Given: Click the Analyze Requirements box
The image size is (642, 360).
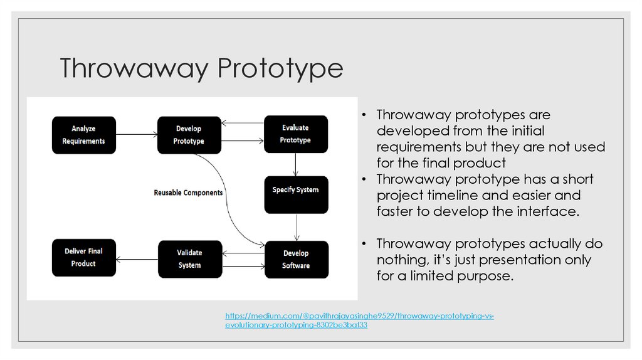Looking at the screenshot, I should [83, 135].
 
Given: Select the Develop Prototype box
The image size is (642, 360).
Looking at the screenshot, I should [189, 135].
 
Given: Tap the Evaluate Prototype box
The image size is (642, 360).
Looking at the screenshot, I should [295, 134].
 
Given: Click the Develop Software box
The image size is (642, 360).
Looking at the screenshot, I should [295, 259].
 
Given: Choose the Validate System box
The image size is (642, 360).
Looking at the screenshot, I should [189, 258].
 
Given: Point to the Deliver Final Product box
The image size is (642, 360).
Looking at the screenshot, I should [83, 258].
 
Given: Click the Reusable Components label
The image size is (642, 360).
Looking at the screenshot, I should [188, 193].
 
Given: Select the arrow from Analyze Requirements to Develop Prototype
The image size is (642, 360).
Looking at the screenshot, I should [136, 134].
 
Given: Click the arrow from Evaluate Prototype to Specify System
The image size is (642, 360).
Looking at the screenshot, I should [295, 164].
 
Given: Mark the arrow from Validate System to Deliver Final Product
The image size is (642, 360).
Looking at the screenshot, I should [136, 258].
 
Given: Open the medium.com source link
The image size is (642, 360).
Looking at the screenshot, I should [359, 320].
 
